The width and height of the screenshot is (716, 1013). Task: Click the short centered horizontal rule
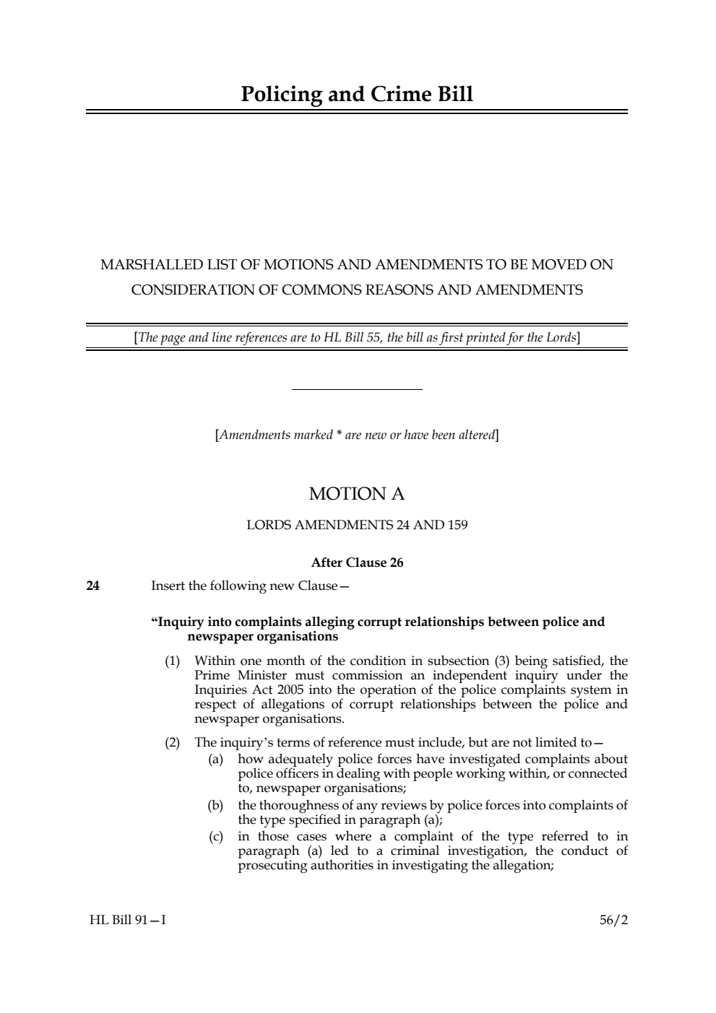click(357, 390)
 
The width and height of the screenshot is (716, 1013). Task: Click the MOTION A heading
click(357, 495)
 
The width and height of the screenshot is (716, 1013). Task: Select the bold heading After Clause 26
click(357, 563)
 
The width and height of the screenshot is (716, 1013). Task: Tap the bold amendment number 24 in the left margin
click(92, 586)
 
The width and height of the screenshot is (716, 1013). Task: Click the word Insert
click(168, 586)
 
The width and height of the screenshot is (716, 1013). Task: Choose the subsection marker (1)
click(172, 661)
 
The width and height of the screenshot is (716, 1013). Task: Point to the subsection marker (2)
click(172, 742)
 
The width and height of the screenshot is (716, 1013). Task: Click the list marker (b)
click(215, 805)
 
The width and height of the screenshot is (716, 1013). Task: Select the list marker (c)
click(215, 837)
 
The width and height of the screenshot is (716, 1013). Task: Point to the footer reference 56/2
click(613, 921)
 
